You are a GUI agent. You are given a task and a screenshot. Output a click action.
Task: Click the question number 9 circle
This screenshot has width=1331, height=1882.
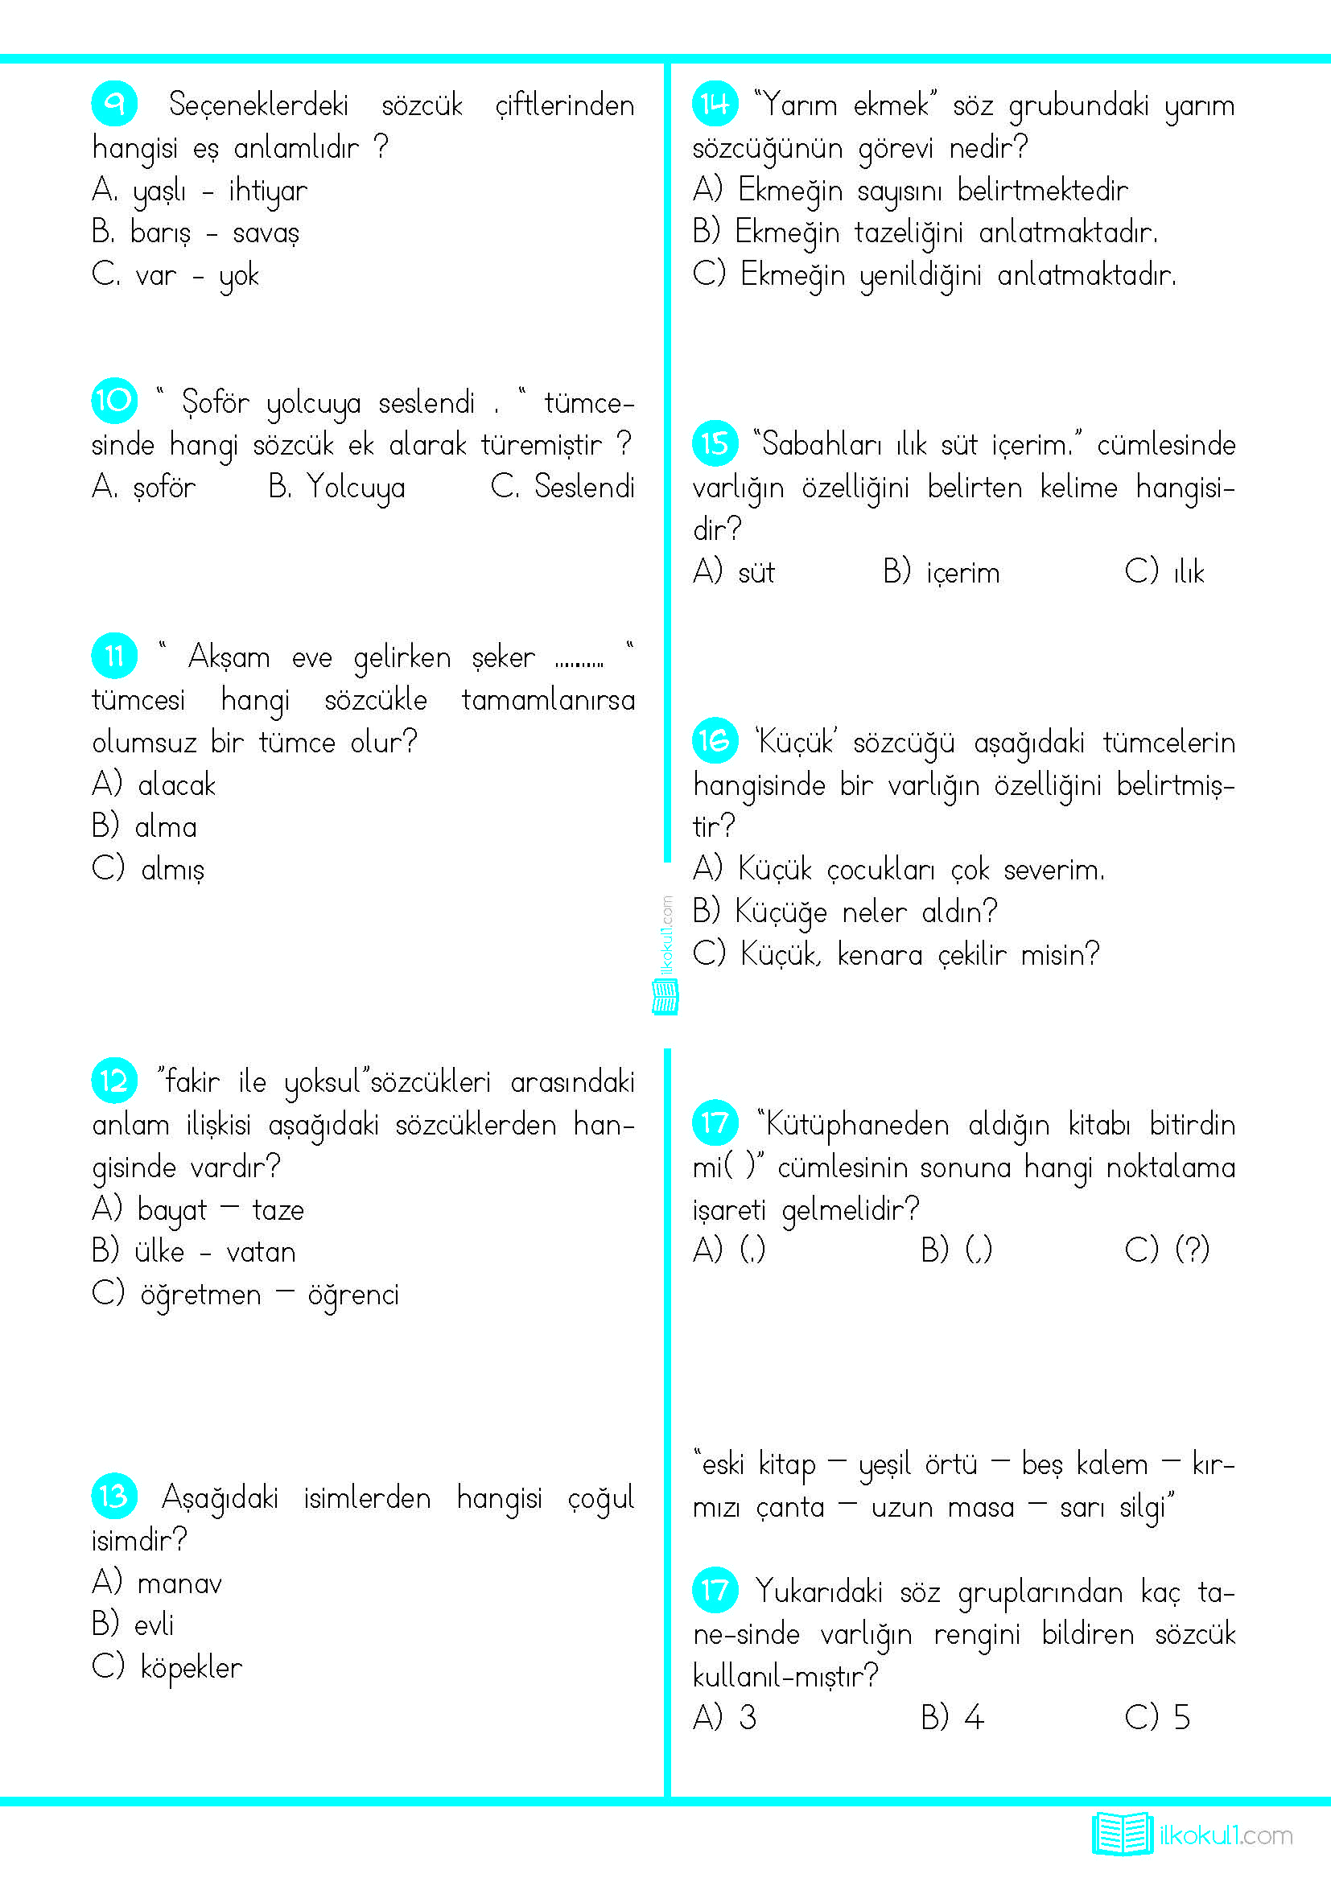(114, 104)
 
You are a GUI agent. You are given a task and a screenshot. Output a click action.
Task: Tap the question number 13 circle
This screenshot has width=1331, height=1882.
(114, 1496)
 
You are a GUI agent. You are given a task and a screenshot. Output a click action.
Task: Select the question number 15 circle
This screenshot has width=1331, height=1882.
(715, 443)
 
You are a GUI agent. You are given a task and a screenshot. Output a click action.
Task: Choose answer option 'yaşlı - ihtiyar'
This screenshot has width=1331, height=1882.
(200, 191)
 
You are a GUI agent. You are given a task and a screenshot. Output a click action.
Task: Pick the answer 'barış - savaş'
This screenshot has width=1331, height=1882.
(196, 233)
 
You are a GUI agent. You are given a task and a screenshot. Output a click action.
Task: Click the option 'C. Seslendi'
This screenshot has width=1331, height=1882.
(562, 487)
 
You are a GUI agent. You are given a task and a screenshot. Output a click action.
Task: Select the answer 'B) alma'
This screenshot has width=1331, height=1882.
(145, 826)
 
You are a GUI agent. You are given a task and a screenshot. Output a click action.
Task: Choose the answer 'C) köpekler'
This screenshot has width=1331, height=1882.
(167, 1666)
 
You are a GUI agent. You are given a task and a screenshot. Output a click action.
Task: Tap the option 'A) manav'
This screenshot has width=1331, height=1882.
(157, 1582)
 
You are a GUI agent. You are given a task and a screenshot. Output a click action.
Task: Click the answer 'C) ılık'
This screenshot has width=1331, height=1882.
(1164, 571)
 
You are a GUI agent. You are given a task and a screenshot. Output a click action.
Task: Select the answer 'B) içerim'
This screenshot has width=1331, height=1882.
(942, 571)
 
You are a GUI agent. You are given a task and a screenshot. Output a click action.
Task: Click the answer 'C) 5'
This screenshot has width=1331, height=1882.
(1156, 1715)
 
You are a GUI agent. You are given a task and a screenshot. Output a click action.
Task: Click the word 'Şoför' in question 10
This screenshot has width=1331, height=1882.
(215, 402)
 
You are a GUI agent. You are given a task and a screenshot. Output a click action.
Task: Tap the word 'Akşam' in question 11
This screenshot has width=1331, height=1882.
(229, 657)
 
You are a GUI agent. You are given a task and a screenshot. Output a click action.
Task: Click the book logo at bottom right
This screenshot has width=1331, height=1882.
(1121, 1834)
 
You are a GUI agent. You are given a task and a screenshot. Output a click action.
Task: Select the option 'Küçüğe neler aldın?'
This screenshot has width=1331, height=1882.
(845, 912)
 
